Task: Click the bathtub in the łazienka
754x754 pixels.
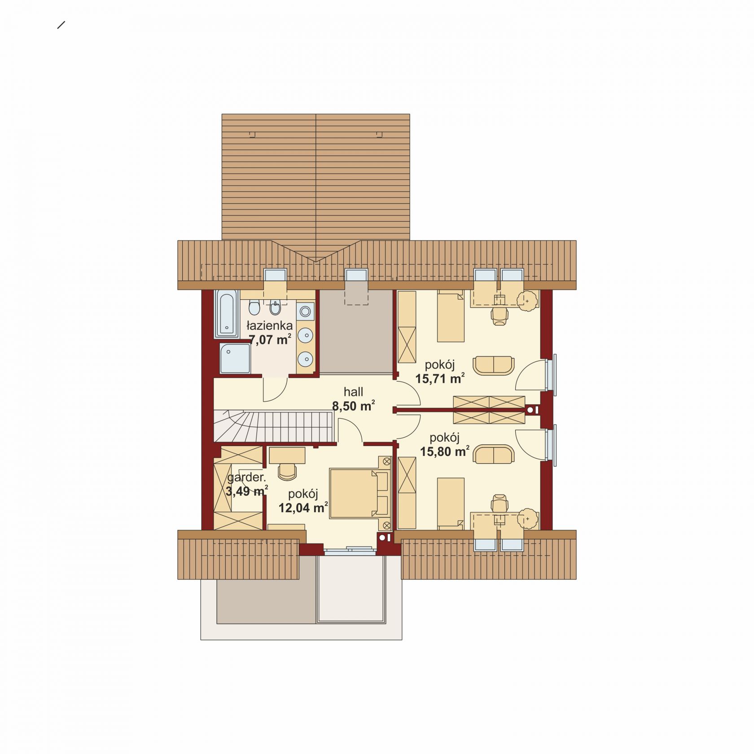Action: (228, 313)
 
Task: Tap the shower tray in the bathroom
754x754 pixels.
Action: (235, 359)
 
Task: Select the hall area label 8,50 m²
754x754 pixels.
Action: (354, 406)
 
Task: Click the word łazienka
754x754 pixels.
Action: (270, 325)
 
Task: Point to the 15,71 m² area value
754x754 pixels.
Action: (439, 379)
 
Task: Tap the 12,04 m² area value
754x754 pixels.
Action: (303, 508)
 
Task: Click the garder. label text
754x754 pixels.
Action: (246, 478)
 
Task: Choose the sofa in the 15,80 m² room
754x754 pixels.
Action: (493, 454)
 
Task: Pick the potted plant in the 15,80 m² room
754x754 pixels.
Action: (527, 519)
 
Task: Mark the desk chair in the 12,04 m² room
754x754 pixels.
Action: (287, 470)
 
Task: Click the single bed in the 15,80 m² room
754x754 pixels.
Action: (451, 503)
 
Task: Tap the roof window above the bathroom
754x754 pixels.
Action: (275, 275)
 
